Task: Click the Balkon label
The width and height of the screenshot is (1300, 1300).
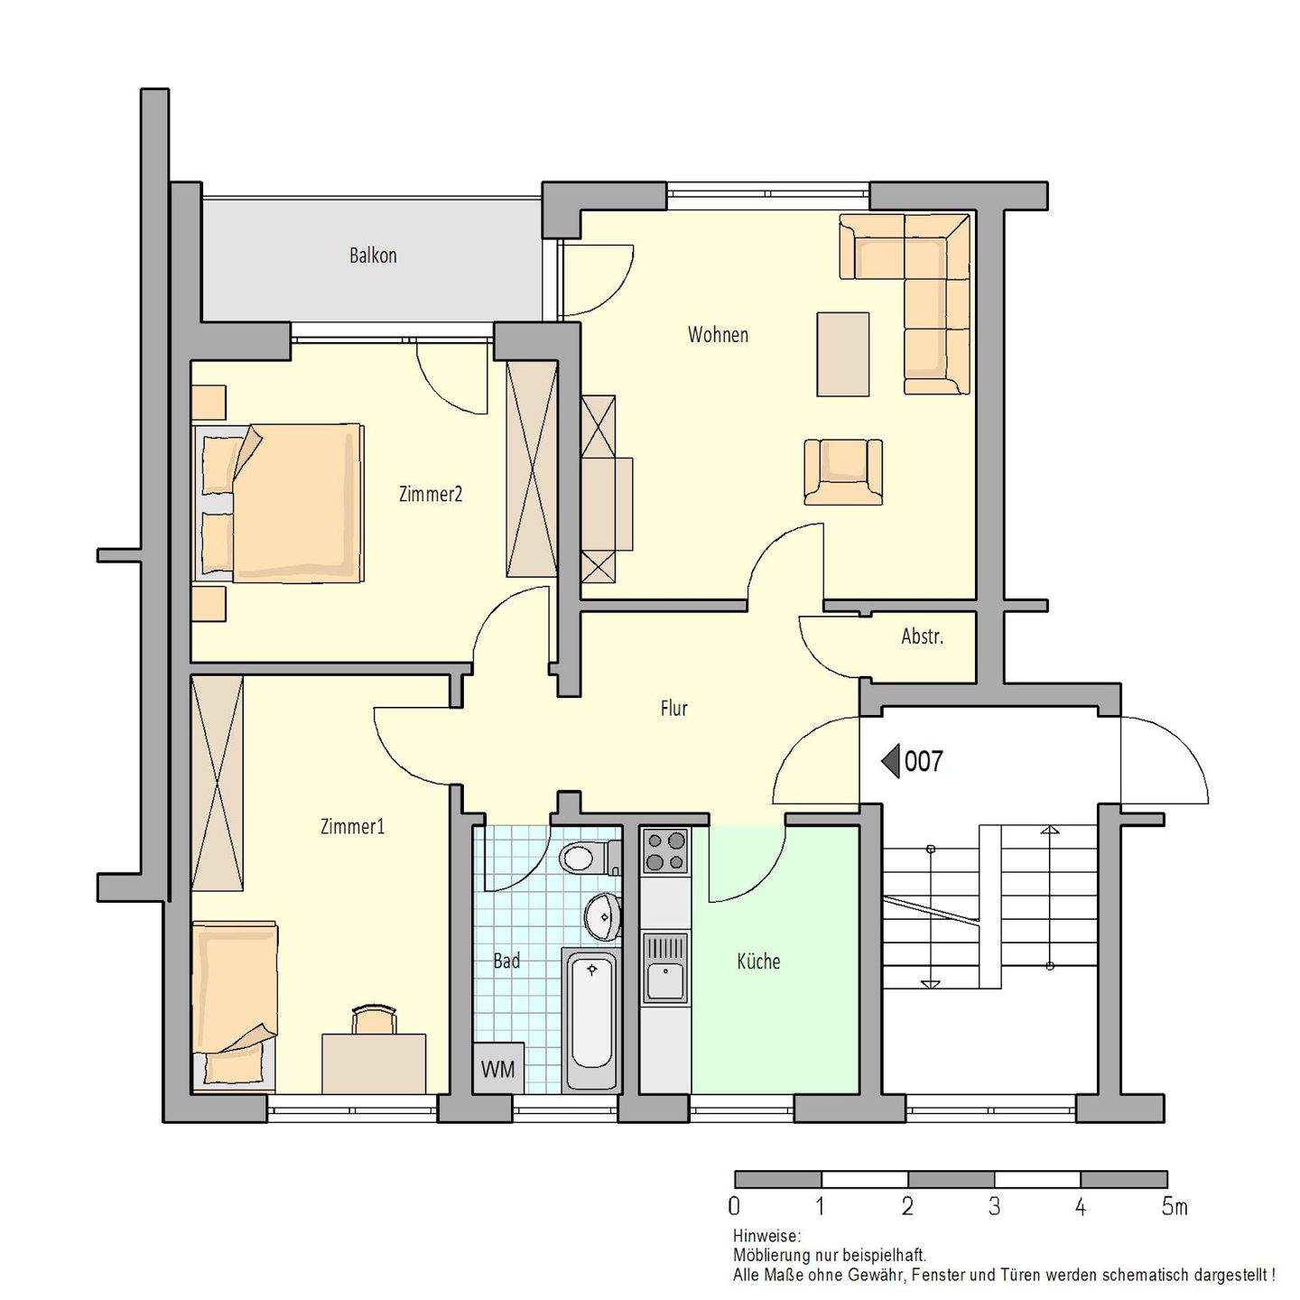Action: (x=373, y=255)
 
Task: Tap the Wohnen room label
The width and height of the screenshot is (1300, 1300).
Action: (x=718, y=335)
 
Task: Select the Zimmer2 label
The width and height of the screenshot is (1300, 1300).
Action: (x=431, y=494)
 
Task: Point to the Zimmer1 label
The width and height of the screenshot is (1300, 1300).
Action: (x=352, y=826)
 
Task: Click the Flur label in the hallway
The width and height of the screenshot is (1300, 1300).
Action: (x=673, y=709)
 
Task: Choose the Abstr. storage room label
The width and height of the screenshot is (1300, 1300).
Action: (x=922, y=636)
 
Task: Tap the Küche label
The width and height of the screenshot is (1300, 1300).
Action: (x=758, y=961)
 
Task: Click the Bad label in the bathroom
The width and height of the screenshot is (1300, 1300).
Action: (x=506, y=961)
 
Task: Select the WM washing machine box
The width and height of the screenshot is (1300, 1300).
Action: (x=497, y=1070)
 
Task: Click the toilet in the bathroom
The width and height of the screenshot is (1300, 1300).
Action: (x=587, y=857)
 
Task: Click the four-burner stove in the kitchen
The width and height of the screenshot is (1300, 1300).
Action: (x=665, y=850)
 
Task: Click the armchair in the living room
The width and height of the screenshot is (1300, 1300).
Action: (x=843, y=471)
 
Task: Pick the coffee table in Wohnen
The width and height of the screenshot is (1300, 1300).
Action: (x=843, y=354)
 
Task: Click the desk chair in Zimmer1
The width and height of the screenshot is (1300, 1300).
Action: (x=374, y=1020)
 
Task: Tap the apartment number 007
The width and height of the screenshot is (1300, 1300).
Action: (x=923, y=761)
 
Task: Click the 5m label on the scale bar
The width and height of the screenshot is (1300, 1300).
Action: (x=1174, y=1206)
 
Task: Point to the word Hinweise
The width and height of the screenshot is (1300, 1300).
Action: (x=766, y=1236)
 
